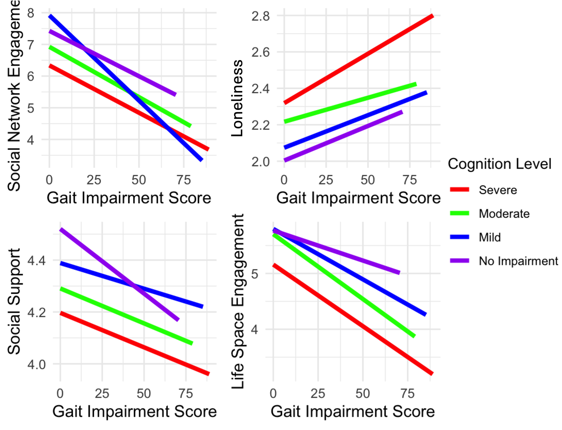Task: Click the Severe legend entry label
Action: [x=498, y=190]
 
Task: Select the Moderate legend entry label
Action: [x=504, y=214]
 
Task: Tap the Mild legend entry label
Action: [x=490, y=237]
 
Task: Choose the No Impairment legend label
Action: [x=518, y=261]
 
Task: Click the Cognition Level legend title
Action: [x=499, y=164]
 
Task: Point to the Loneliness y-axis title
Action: [x=237, y=98]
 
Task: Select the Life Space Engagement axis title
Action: [x=237, y=302]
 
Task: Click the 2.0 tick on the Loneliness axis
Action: [x=260, y=162]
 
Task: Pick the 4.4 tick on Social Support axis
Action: [x=37, y=260]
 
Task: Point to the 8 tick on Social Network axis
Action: [x=31, y=13]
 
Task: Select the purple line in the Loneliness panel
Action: [x=343, y=136]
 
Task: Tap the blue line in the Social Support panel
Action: [x=131, y=285]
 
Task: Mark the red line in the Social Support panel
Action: [x=135, y=343]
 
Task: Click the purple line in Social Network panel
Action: [x=112, y=63]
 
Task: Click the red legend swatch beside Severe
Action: [x=459, y=190]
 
